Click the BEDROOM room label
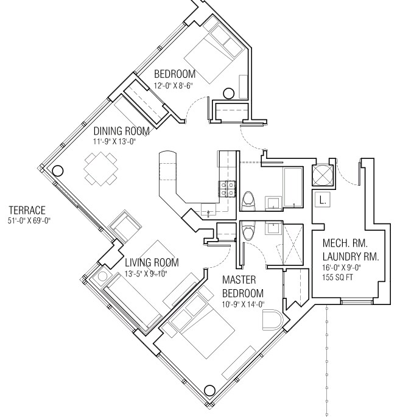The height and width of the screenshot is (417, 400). (175, 74)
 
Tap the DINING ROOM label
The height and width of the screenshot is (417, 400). (121, 131)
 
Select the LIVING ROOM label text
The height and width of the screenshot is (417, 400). (152, 262)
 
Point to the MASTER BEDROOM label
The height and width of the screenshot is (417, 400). (242, 286)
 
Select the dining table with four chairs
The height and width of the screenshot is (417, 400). (101, 169)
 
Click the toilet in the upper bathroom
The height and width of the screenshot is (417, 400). (249, 199)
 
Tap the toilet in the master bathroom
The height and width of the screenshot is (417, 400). (248, 231)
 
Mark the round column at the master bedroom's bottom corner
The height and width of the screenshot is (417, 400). (211, 391)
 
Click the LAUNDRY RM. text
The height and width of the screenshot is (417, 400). (351, 257)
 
